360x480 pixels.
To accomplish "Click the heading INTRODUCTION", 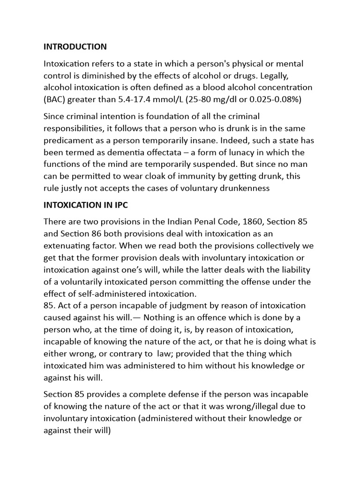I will [x=75, y=46].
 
